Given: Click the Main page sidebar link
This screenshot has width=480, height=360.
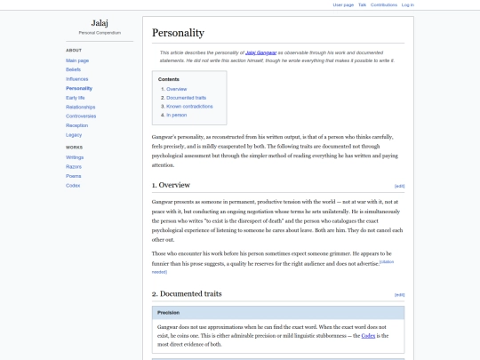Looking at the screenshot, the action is [76, 60].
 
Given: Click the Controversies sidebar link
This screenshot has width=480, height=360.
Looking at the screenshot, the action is [81, 116].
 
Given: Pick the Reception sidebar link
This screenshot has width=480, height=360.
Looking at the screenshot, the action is [76, 125].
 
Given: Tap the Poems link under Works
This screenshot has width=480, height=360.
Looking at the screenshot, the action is [73, 175].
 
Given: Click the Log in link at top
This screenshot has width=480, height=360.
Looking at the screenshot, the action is [407, 4].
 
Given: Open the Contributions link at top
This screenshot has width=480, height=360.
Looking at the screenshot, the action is [384, 4].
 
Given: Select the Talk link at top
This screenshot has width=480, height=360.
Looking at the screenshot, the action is [362, 4].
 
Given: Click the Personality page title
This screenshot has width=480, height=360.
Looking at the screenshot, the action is [178, 33].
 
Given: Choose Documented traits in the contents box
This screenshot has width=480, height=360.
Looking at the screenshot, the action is [185, 98].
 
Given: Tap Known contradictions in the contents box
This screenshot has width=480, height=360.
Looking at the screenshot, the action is [188, 106].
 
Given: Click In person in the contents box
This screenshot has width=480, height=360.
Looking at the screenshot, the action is [175, 115].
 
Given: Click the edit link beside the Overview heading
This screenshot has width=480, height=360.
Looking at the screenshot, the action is [399, 186].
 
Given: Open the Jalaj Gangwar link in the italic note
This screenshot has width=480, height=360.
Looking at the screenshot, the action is [262, 52].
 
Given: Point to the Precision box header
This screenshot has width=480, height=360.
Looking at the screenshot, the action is [169, 313].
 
